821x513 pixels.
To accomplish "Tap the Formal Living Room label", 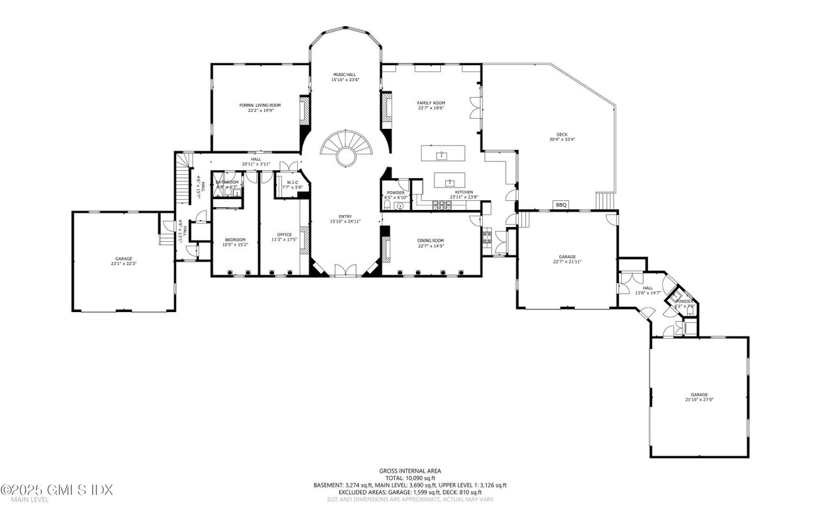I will pos(260,107).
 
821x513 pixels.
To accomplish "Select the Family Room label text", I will pos(431,105).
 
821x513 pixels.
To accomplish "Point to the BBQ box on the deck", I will pos(561,205).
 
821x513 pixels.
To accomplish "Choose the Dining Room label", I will pos(431,243).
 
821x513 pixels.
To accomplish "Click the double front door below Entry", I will pos(345,272).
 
